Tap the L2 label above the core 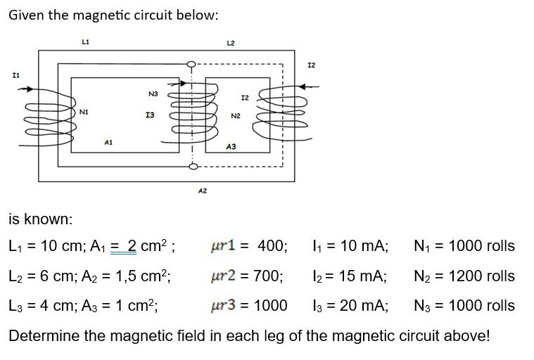tap(230, 44)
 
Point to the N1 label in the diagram tap(84, 111)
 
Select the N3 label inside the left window tap(153, 93)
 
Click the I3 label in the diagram tap(149, 114)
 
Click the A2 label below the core tap(202, 190)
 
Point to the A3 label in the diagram tap(231, 146)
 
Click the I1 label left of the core tap(15, 73)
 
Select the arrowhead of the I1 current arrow tap(30, 89)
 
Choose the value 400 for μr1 tap(272, 246)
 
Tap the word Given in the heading tap(27, 15)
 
